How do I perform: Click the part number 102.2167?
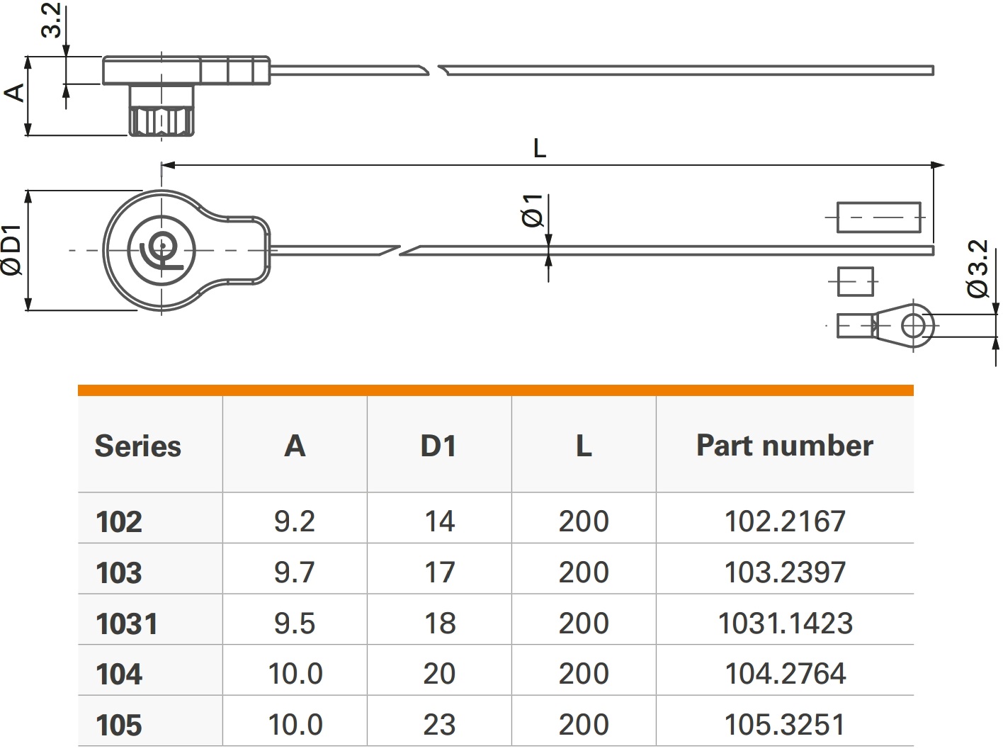tap(785, 521)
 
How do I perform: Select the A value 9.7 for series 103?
tap(295, 572)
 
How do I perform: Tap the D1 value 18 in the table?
tap(439, 623)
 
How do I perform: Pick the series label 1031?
tap(127, 624)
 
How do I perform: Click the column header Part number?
tap(785, 446)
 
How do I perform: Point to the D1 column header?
tap(438, 446)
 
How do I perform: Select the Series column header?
tap(138, 446)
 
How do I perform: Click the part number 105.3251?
tap(785, 725)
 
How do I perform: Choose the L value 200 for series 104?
tap(584, 674)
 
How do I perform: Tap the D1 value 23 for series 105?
tap(439, 725)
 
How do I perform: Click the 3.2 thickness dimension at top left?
tap(51, 20)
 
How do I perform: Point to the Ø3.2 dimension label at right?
tap(978, 269)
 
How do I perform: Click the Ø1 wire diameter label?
tap(533, 210)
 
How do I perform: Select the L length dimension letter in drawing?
tap(540, 149)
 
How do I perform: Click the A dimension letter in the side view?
tap(14, 93)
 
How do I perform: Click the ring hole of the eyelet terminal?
tap(914, 327)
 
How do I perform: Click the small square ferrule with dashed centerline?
tap(856, 281)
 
